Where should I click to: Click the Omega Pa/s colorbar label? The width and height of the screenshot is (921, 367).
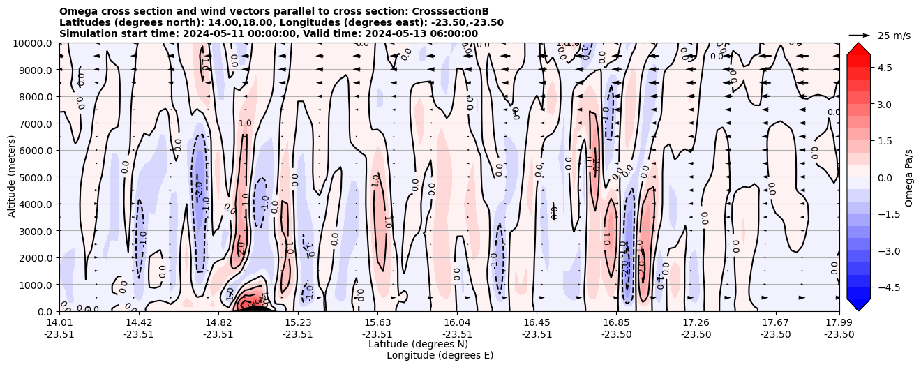click(x=908, y=177)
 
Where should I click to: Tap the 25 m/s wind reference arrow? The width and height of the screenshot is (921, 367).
click(x=860, y=35)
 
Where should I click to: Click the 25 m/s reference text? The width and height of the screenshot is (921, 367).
click(x=894, y=36)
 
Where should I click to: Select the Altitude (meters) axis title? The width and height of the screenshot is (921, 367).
click(x=12, y=177)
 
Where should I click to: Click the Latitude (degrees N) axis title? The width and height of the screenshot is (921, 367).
click(x=418, y=344)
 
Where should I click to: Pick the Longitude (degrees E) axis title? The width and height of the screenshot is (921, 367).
click(x=440, y=355)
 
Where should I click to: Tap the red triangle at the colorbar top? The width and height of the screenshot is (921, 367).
click(x=858, y=48)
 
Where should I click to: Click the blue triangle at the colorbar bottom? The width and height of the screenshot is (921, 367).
click(x=858, y=305)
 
